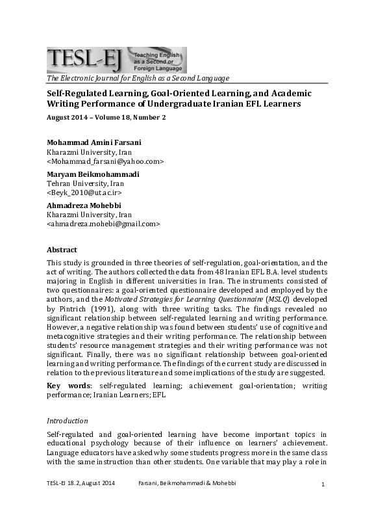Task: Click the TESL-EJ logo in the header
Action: pos(116,60)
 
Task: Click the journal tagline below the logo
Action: pos(138,79)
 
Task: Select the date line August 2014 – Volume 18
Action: pos(106,117)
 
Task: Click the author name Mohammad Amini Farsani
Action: pos(93,142)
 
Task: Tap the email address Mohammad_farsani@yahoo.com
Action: pos(105,161)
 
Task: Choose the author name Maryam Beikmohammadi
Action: pos(93,174)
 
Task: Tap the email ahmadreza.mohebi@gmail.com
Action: pos(103,224)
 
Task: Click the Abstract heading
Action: pos(62,250)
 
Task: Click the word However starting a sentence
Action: pos(64,326)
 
